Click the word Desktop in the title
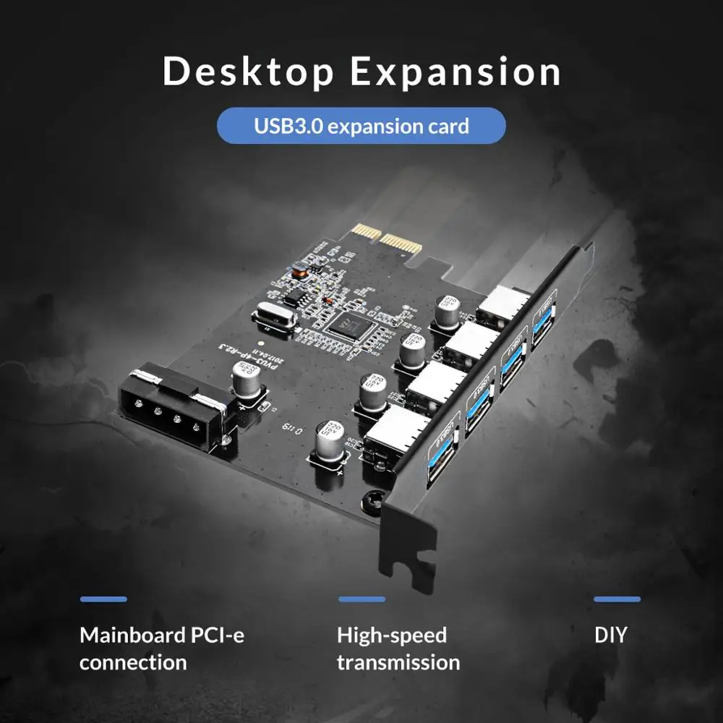pos(248,72)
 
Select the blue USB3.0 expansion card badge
pos(361,127)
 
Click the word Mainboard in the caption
pos(132,636)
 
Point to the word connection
pos(133,662)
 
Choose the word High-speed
pos(392,636)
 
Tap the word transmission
pos(398,662)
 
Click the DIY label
pos(610,636)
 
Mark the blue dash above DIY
pos(617,599)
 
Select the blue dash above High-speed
pos(361,599)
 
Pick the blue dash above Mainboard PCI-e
pos(103,599)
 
